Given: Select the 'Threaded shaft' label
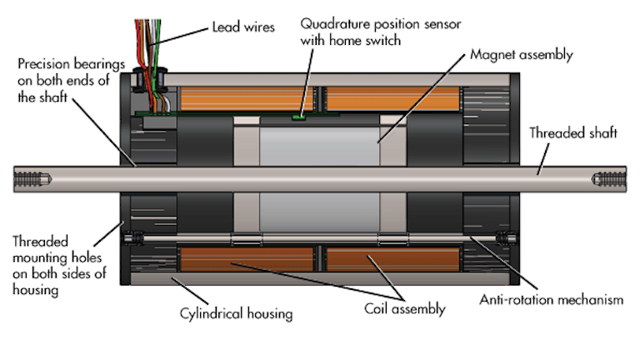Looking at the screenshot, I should (573, 132).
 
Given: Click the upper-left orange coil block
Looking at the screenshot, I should (246, 99).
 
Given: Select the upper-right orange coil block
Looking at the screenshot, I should (392, 97).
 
